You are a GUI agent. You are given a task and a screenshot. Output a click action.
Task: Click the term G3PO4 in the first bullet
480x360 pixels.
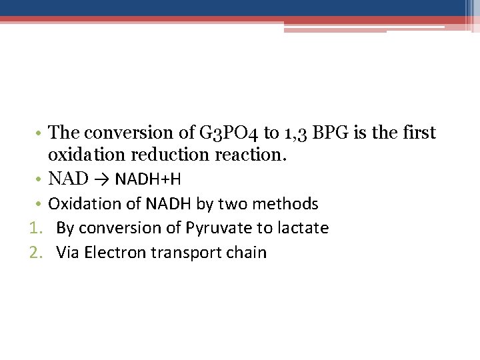coord(225,133)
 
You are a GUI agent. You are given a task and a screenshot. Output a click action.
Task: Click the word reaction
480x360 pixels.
coord(253,155)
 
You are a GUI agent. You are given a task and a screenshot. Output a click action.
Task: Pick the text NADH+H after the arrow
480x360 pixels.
coord(148,179)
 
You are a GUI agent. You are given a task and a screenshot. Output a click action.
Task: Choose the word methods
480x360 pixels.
coord(288,203)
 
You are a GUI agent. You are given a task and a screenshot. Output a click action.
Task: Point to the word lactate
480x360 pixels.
coord(302,228)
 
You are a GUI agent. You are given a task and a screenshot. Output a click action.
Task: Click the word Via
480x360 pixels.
coord(68,253)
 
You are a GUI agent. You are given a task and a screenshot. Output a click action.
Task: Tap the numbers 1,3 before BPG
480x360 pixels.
coord(294,133)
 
